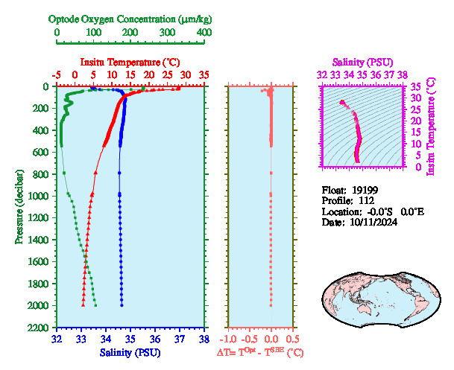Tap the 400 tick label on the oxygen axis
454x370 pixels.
pos(204,33)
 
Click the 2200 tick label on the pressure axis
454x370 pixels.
pos(41,328)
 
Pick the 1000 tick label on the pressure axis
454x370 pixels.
pos(41,197)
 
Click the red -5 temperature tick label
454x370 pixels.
pos(56,75)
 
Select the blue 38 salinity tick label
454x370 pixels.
pos(204,339)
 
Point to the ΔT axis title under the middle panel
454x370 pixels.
pos(264,351)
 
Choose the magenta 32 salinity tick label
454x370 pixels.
pos(321,74)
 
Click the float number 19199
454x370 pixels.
pos(370,189)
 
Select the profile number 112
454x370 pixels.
pos(365,200)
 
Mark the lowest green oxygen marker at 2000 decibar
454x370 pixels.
pos(95,305)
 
